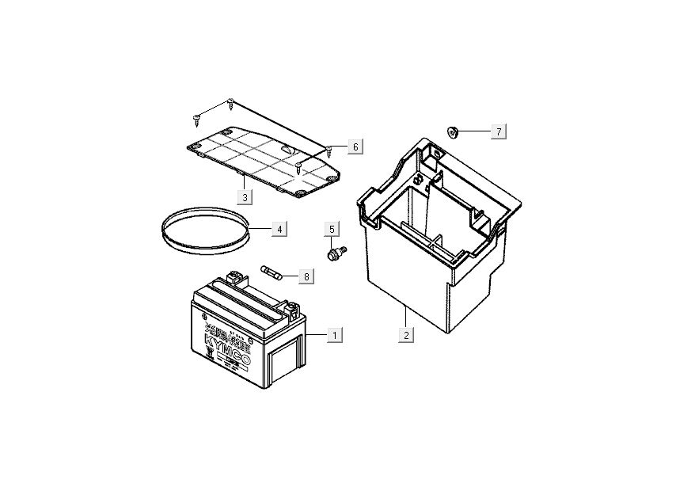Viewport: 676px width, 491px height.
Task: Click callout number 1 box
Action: [335, 336]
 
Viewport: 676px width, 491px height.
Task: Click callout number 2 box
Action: [405, 336]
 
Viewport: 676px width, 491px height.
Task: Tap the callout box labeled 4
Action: [279, 229]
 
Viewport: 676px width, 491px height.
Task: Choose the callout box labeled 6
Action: [355, 147]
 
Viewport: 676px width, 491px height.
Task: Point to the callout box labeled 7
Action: [499, 131]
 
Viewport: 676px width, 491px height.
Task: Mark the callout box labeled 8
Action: [306, 276]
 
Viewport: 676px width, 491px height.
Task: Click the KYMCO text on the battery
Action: [237, 344]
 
